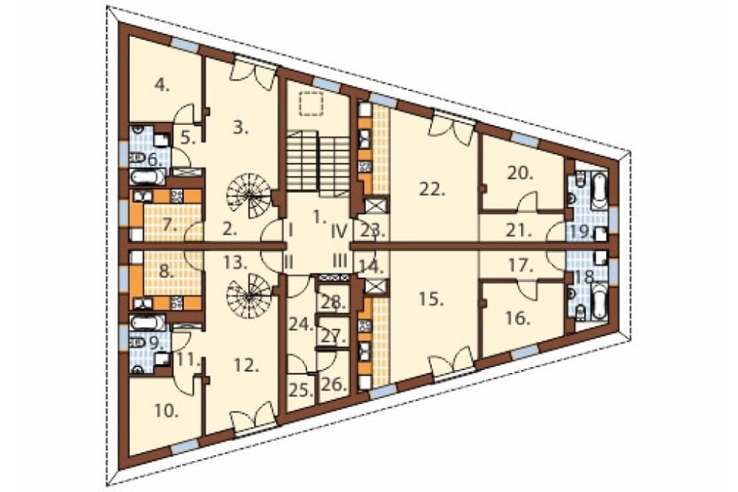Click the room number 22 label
432,189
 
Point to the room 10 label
166,412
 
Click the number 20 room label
520,174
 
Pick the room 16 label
518,319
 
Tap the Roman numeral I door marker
290,231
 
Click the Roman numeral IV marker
339,231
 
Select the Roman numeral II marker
289,262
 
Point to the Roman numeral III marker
339,260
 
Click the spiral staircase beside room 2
249,194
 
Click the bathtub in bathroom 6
148,177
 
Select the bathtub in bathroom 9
148,323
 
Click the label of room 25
301,390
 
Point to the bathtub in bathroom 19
599,191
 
